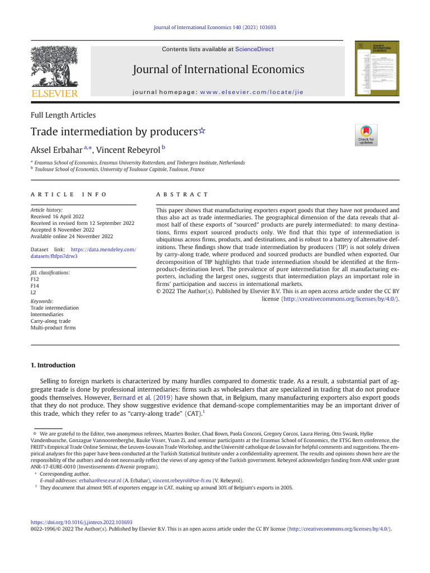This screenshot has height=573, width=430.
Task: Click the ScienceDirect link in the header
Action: (254, 49)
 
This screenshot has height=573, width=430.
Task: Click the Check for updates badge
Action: (367, 135)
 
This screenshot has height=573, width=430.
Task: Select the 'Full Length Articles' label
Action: (63, 115)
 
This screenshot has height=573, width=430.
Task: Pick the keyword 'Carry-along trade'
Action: (50, 321)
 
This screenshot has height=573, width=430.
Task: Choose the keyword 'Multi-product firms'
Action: (53, 328)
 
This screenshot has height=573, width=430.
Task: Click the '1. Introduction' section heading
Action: (53, 365)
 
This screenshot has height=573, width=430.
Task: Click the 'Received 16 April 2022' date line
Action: (58, 216)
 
